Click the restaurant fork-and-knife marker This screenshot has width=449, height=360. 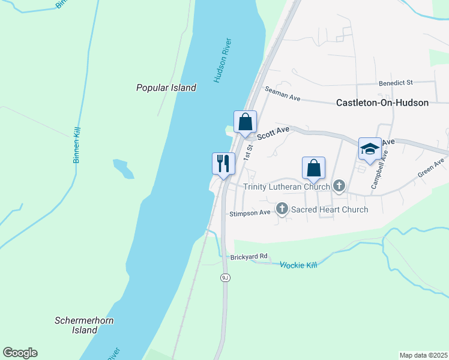click(x=223, y=164)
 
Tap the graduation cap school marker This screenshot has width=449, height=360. click(x=370, y=149)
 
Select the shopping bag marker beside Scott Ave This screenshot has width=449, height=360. click(x=245, y=122)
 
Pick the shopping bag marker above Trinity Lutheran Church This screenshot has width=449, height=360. click(x=313, y=168)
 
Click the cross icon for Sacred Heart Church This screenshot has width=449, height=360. click(x=282, y=209)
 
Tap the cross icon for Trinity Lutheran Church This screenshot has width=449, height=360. click(x=339, y=187)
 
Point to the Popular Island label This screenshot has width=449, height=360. click(x=166, y=88)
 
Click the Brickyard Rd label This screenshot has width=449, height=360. click(x=249, y=257)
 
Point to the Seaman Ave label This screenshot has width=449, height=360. click(x=283, y=95)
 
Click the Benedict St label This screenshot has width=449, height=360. click(x=396, y=82)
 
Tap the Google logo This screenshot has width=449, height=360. click(x=20, y=353)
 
